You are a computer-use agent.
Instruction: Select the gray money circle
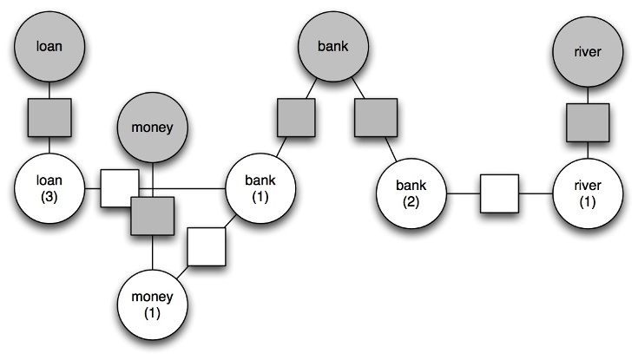153,128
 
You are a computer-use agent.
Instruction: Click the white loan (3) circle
49,189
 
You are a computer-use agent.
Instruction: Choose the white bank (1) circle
260,189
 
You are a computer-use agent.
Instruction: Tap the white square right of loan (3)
120,188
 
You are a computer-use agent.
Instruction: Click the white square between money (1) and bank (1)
207,247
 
